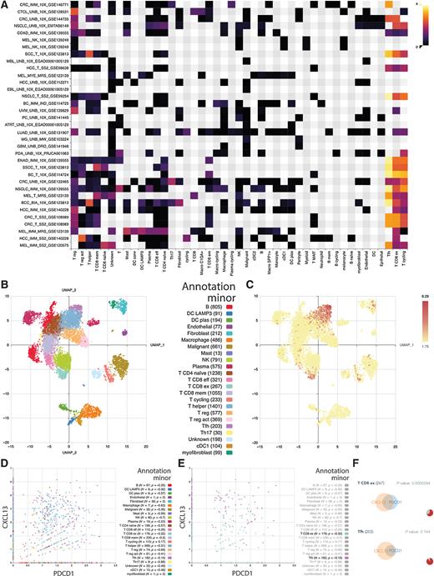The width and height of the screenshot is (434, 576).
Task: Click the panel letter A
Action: (4, 4)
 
